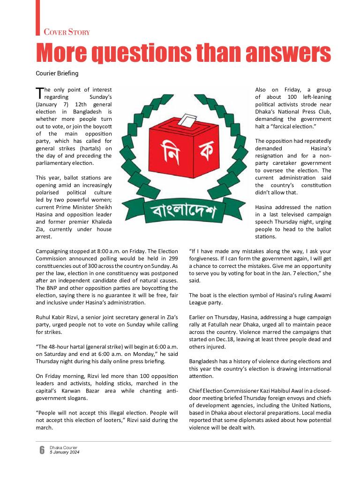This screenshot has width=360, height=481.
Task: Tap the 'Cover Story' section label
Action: pyautogui.click(x=67, y=32)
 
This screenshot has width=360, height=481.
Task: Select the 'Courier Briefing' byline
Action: pyautogui.click(x=57, y=74)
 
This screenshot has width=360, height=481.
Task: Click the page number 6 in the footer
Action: pyautogui.click(x=42, y=450)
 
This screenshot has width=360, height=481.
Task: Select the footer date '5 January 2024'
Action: pyautogui.click(x=64, y=452)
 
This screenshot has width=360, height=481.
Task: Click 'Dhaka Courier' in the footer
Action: pyautogui.click(x=63, y=448)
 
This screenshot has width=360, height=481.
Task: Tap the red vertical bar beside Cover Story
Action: pyautogui.click(x=37, y=17)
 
